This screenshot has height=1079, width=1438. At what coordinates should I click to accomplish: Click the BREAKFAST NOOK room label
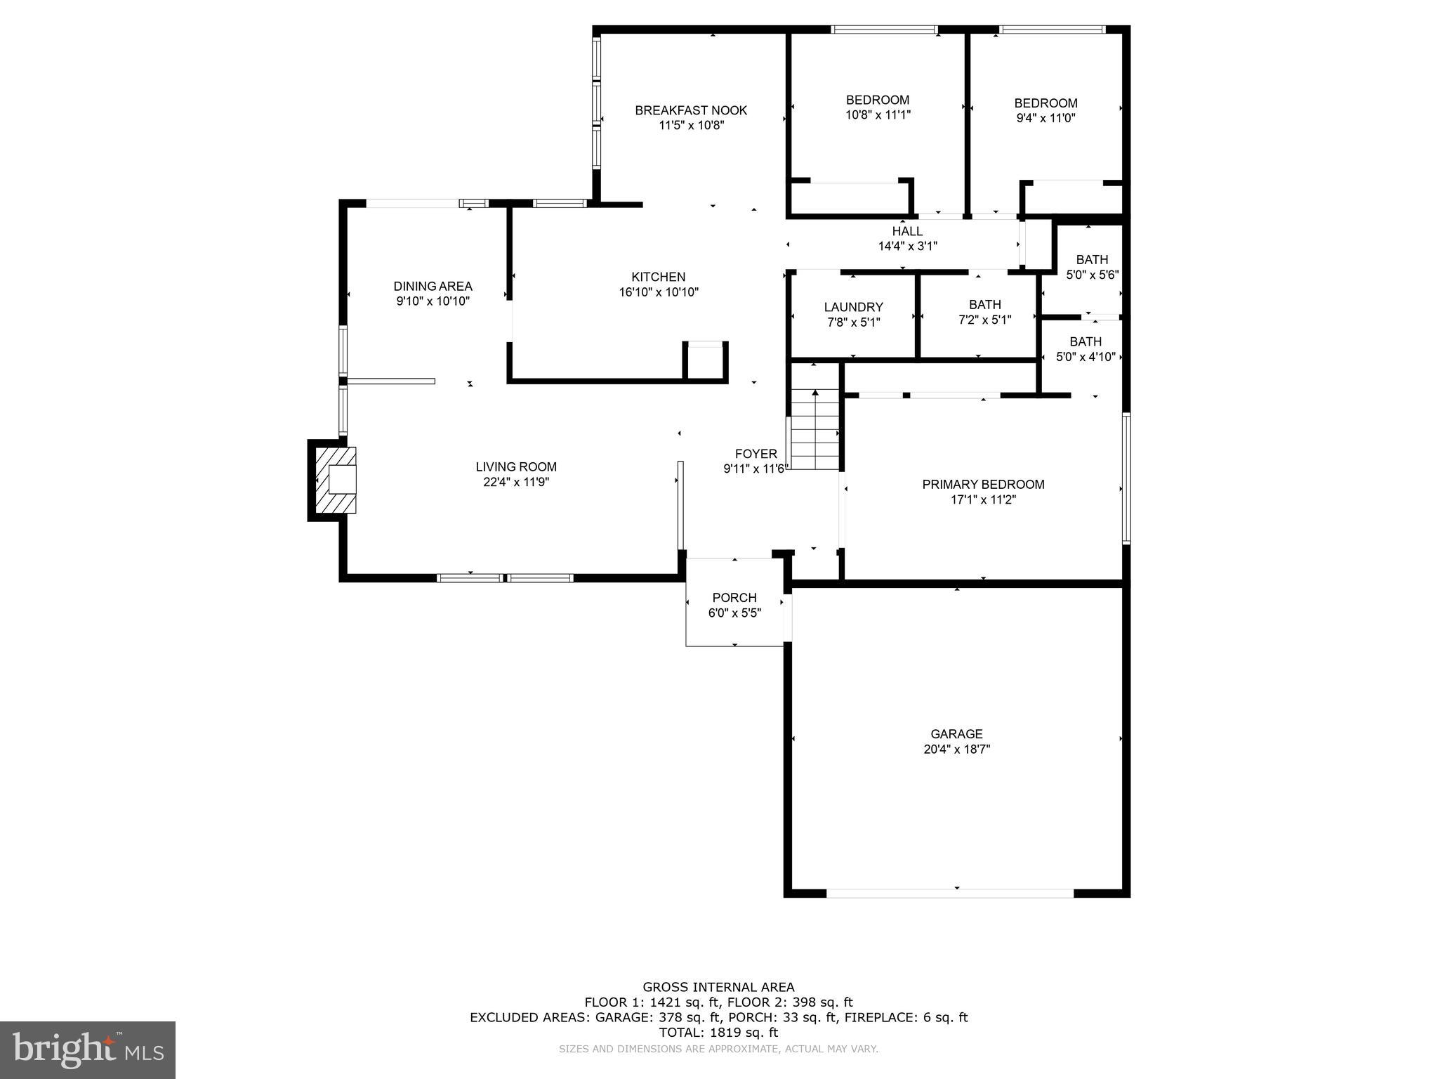click(691, 110)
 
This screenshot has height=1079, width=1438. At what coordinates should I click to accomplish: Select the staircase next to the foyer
click(814, 430)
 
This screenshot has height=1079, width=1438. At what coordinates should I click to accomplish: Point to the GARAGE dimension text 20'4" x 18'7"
click(956, 750)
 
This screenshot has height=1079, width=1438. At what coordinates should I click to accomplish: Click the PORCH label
click(734, 598)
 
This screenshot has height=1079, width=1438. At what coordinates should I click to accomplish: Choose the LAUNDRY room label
click(853, 307)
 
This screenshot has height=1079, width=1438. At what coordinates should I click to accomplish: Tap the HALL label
click(907, 231)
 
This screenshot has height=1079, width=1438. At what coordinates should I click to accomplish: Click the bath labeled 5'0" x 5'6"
click(1092, 268)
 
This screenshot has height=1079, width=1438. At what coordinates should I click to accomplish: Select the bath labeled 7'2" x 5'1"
click(984, 312)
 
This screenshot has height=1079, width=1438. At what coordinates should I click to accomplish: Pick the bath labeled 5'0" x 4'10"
click(1086, 349)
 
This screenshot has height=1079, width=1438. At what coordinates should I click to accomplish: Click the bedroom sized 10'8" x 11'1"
click(878, 107)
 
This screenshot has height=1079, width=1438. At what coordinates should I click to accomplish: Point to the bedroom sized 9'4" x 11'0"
click(1045, 110)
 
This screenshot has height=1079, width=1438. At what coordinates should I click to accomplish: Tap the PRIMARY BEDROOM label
click(983, 484)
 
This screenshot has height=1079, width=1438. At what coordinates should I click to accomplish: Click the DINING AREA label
click(433, 286)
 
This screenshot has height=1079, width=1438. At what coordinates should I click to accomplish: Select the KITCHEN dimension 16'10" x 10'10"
click(659, 292)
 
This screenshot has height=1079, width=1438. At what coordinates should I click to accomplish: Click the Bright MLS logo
click(88, 1050)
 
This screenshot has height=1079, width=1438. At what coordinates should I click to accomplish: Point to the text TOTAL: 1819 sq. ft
click(718, 1033)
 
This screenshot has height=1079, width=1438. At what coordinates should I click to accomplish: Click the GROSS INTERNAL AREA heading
click(718, 987)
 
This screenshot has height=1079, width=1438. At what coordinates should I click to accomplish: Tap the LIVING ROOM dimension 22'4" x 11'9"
click(516, 482)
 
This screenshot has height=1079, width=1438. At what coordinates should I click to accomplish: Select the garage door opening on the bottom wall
click(949, 893)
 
